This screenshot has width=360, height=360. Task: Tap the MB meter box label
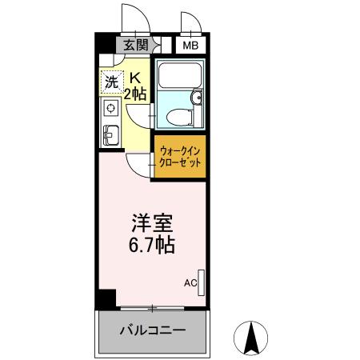[x=190, y=46]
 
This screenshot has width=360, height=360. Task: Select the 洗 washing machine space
[x=112, y=81]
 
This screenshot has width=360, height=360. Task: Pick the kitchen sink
[x=110, y=134]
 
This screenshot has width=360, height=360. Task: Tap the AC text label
[x=190, y=282]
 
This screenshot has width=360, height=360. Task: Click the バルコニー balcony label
[x=152, y=330]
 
